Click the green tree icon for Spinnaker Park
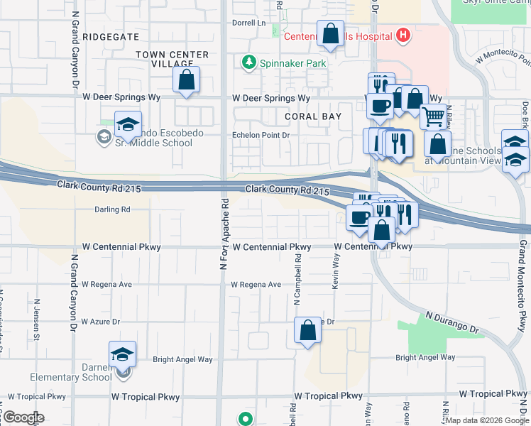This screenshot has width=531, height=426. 249,63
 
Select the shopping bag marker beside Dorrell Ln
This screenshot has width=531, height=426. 331,34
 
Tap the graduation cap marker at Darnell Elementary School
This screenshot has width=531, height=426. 122,354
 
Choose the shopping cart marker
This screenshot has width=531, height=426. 433,115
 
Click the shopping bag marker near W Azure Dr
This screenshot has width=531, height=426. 307,330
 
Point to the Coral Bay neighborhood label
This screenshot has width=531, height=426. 313,116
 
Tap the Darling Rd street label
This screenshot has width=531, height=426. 113,209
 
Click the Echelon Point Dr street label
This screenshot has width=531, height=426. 262,135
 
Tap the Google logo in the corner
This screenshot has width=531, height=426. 23,417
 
